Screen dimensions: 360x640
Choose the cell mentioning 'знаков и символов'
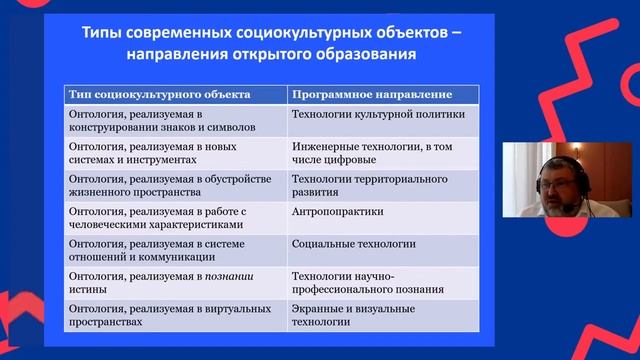[170, 122]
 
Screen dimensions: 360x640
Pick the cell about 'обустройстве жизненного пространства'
[170, 185]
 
